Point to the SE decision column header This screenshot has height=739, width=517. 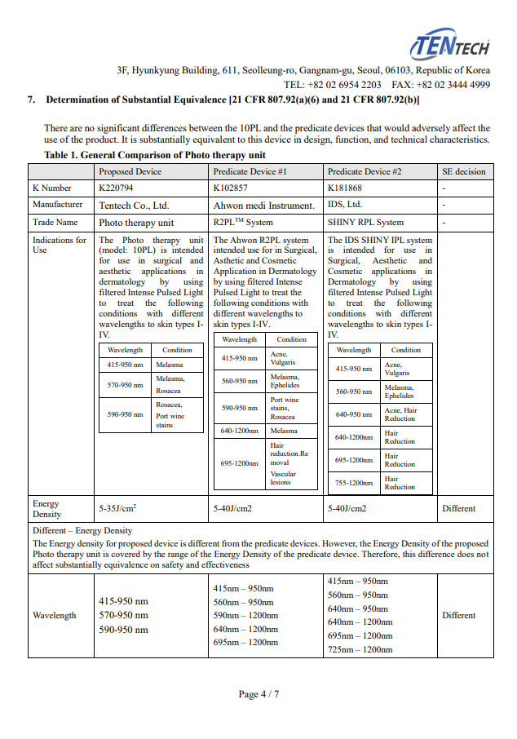click(x=463, y=172)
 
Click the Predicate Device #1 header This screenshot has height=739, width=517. click(x=250, y=172)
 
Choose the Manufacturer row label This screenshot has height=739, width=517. click(x=57, y=205)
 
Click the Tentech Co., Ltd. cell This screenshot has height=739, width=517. click(x=134, y=206)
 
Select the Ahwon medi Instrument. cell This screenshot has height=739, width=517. click(x=263, y=206)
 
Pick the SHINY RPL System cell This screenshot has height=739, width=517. click(x=365, y=222)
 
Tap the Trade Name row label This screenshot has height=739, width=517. click(x=55, y=222)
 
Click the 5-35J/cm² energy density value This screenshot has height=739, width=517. click(x=117, y=508)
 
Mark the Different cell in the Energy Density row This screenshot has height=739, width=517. click(x=458, y=508)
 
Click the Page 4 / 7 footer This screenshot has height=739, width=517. click(x=258, y=694)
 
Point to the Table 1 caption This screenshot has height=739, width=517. click(x=155, y=155)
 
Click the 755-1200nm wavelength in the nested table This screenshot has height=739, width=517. click(x=354, y=483)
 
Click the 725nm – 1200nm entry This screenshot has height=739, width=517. click(x=360, y=649)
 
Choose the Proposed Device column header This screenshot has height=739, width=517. click(x=130, y=172)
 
